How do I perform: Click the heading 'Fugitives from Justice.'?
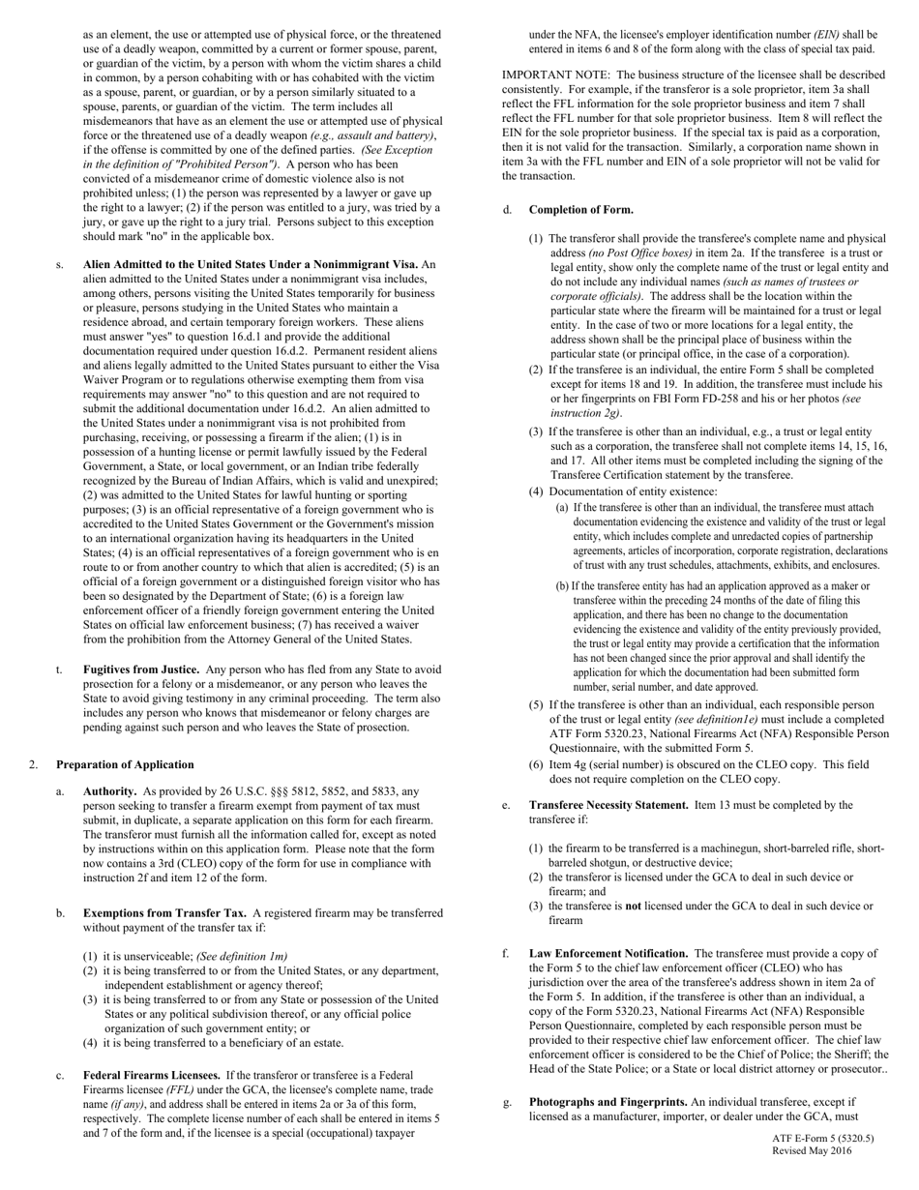(141, 669)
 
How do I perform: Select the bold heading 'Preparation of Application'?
(125, 764)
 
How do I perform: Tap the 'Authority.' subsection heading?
(109, 791)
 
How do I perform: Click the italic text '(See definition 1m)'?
(241, 956)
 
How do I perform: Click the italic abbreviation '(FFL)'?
(158, 1089)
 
